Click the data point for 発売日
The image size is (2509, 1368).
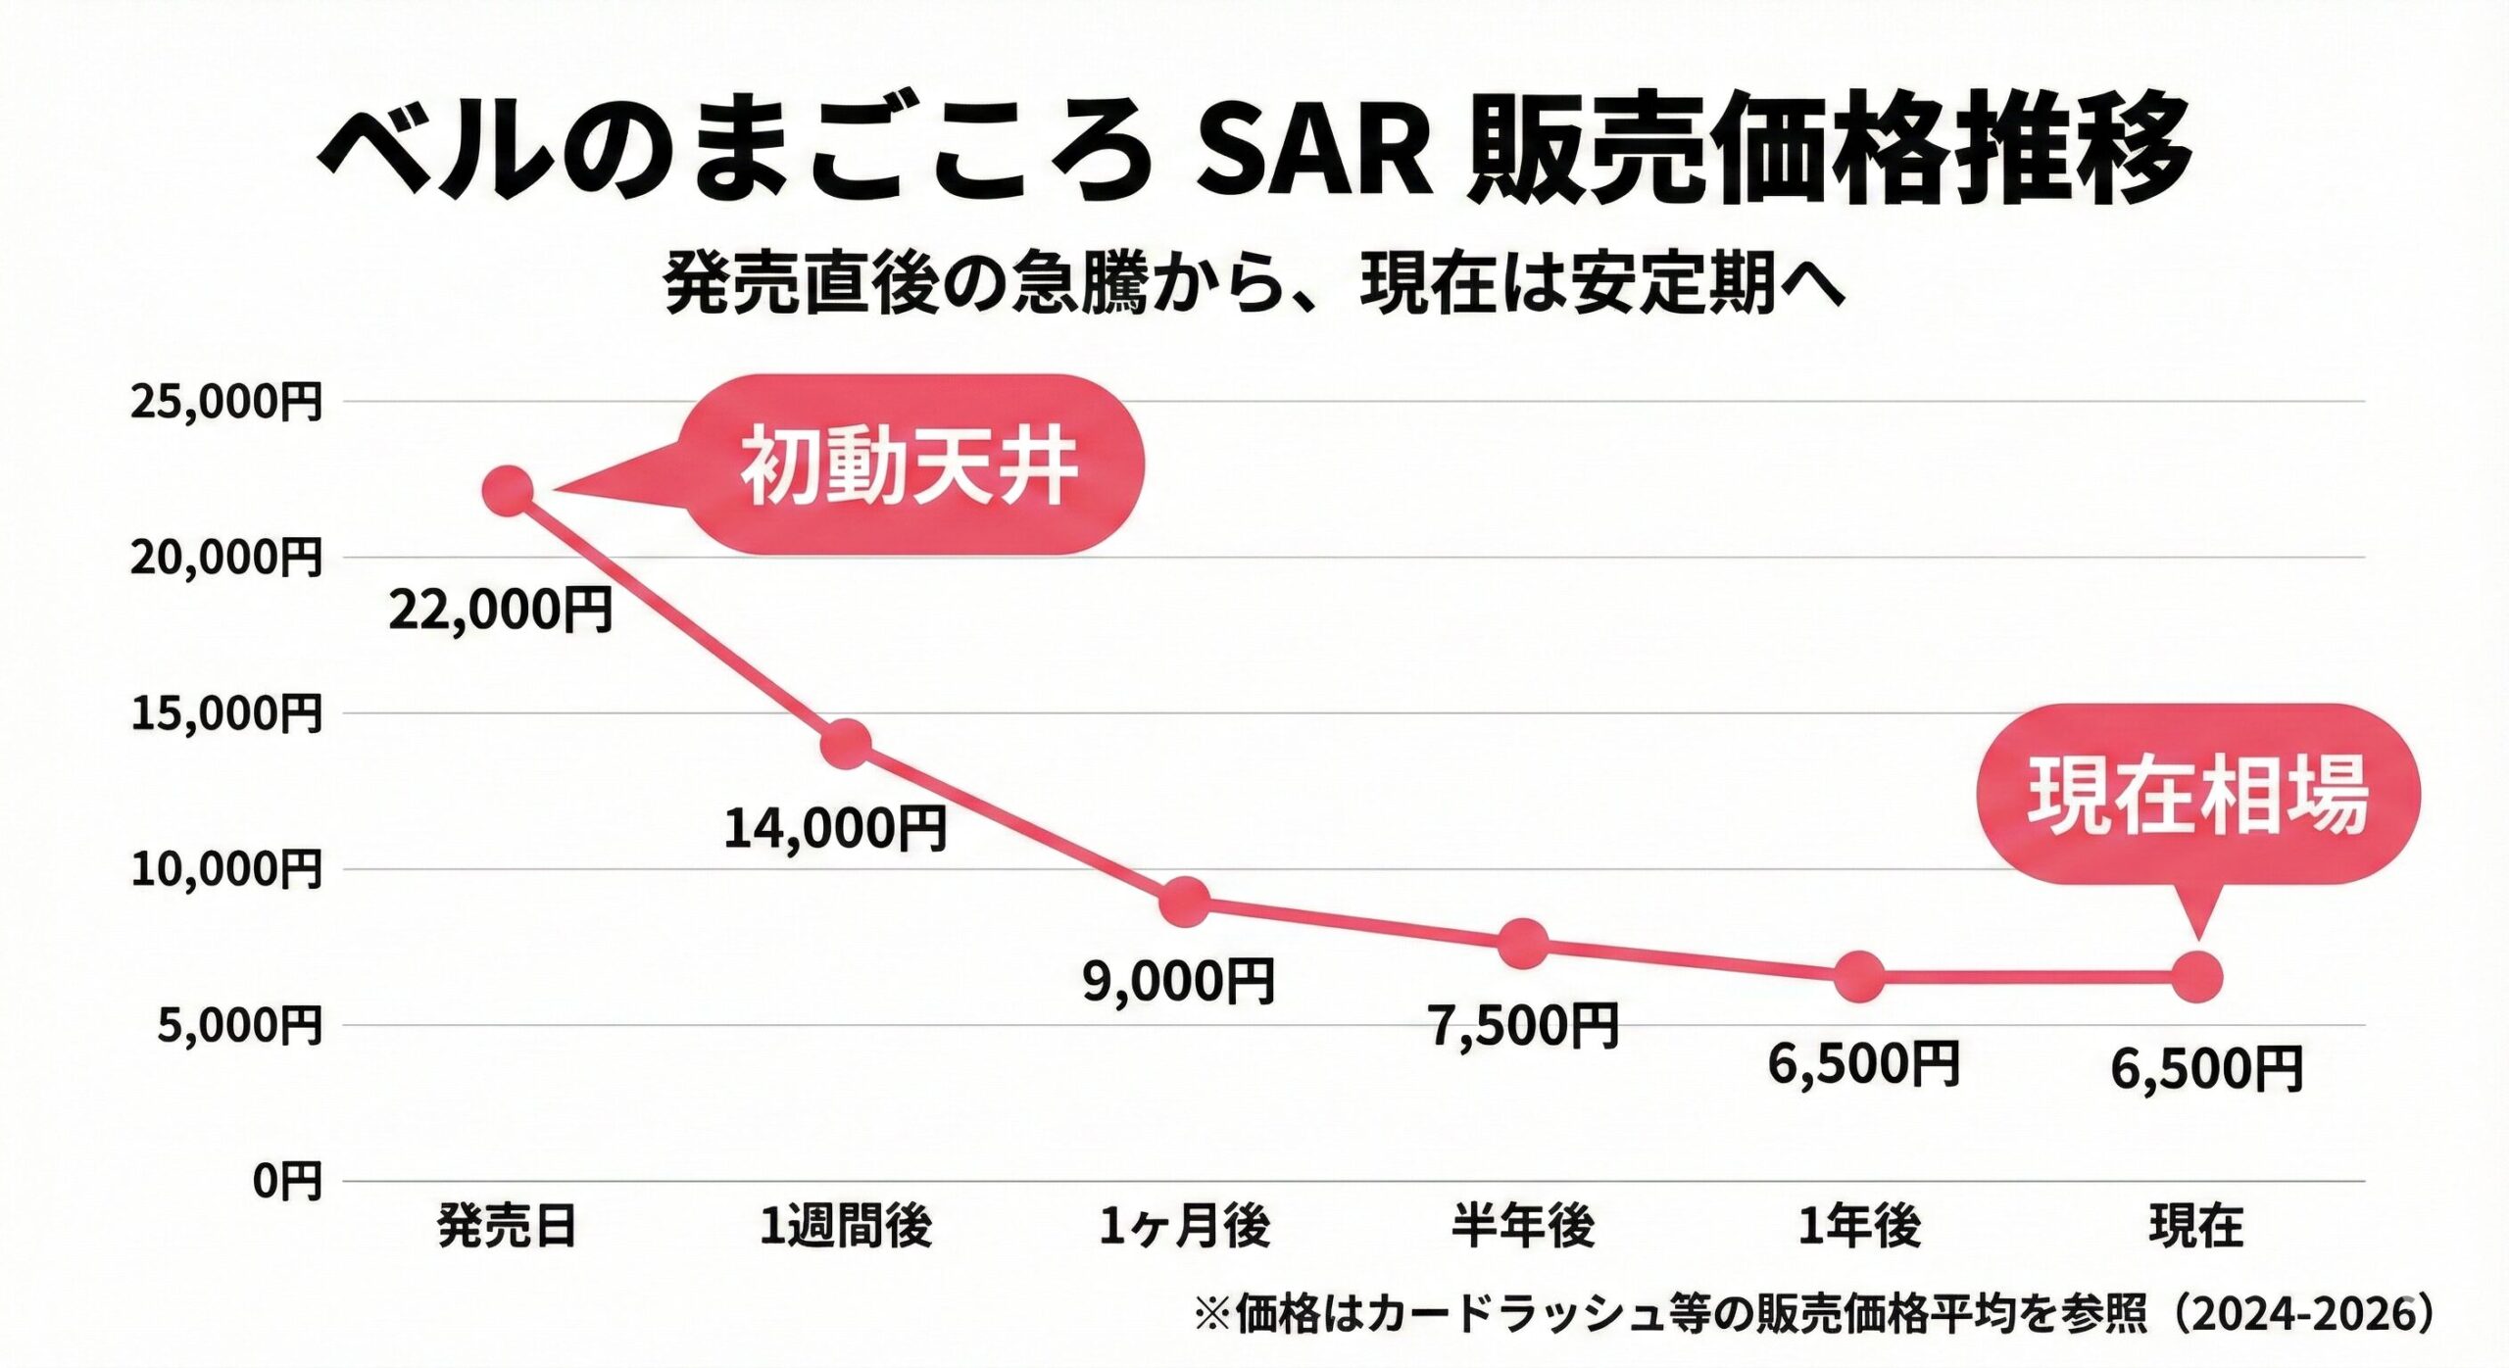point(509,490)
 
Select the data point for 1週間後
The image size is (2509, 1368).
point(846,744)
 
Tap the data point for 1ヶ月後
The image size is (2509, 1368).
point(1185,902)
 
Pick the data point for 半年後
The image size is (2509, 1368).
point(1524,944)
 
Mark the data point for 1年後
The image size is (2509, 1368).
point(1859,976)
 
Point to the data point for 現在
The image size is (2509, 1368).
point(2197,977)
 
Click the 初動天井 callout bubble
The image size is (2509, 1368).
point(911,465)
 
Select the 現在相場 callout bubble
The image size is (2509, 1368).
point(2197,794)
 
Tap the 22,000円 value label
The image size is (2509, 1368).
point(501,610)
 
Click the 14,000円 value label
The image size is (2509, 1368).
point(836,828)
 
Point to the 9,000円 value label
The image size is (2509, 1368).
point(1179,981)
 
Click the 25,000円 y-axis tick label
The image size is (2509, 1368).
point(226,402)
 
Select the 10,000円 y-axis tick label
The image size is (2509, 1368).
point(226,869)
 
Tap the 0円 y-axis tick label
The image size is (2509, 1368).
point(287,1182)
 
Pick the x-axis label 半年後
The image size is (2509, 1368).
point(1523,1227)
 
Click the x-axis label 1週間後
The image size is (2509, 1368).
point(846,1227)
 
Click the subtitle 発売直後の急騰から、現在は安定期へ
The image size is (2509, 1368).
point(1254,285)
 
